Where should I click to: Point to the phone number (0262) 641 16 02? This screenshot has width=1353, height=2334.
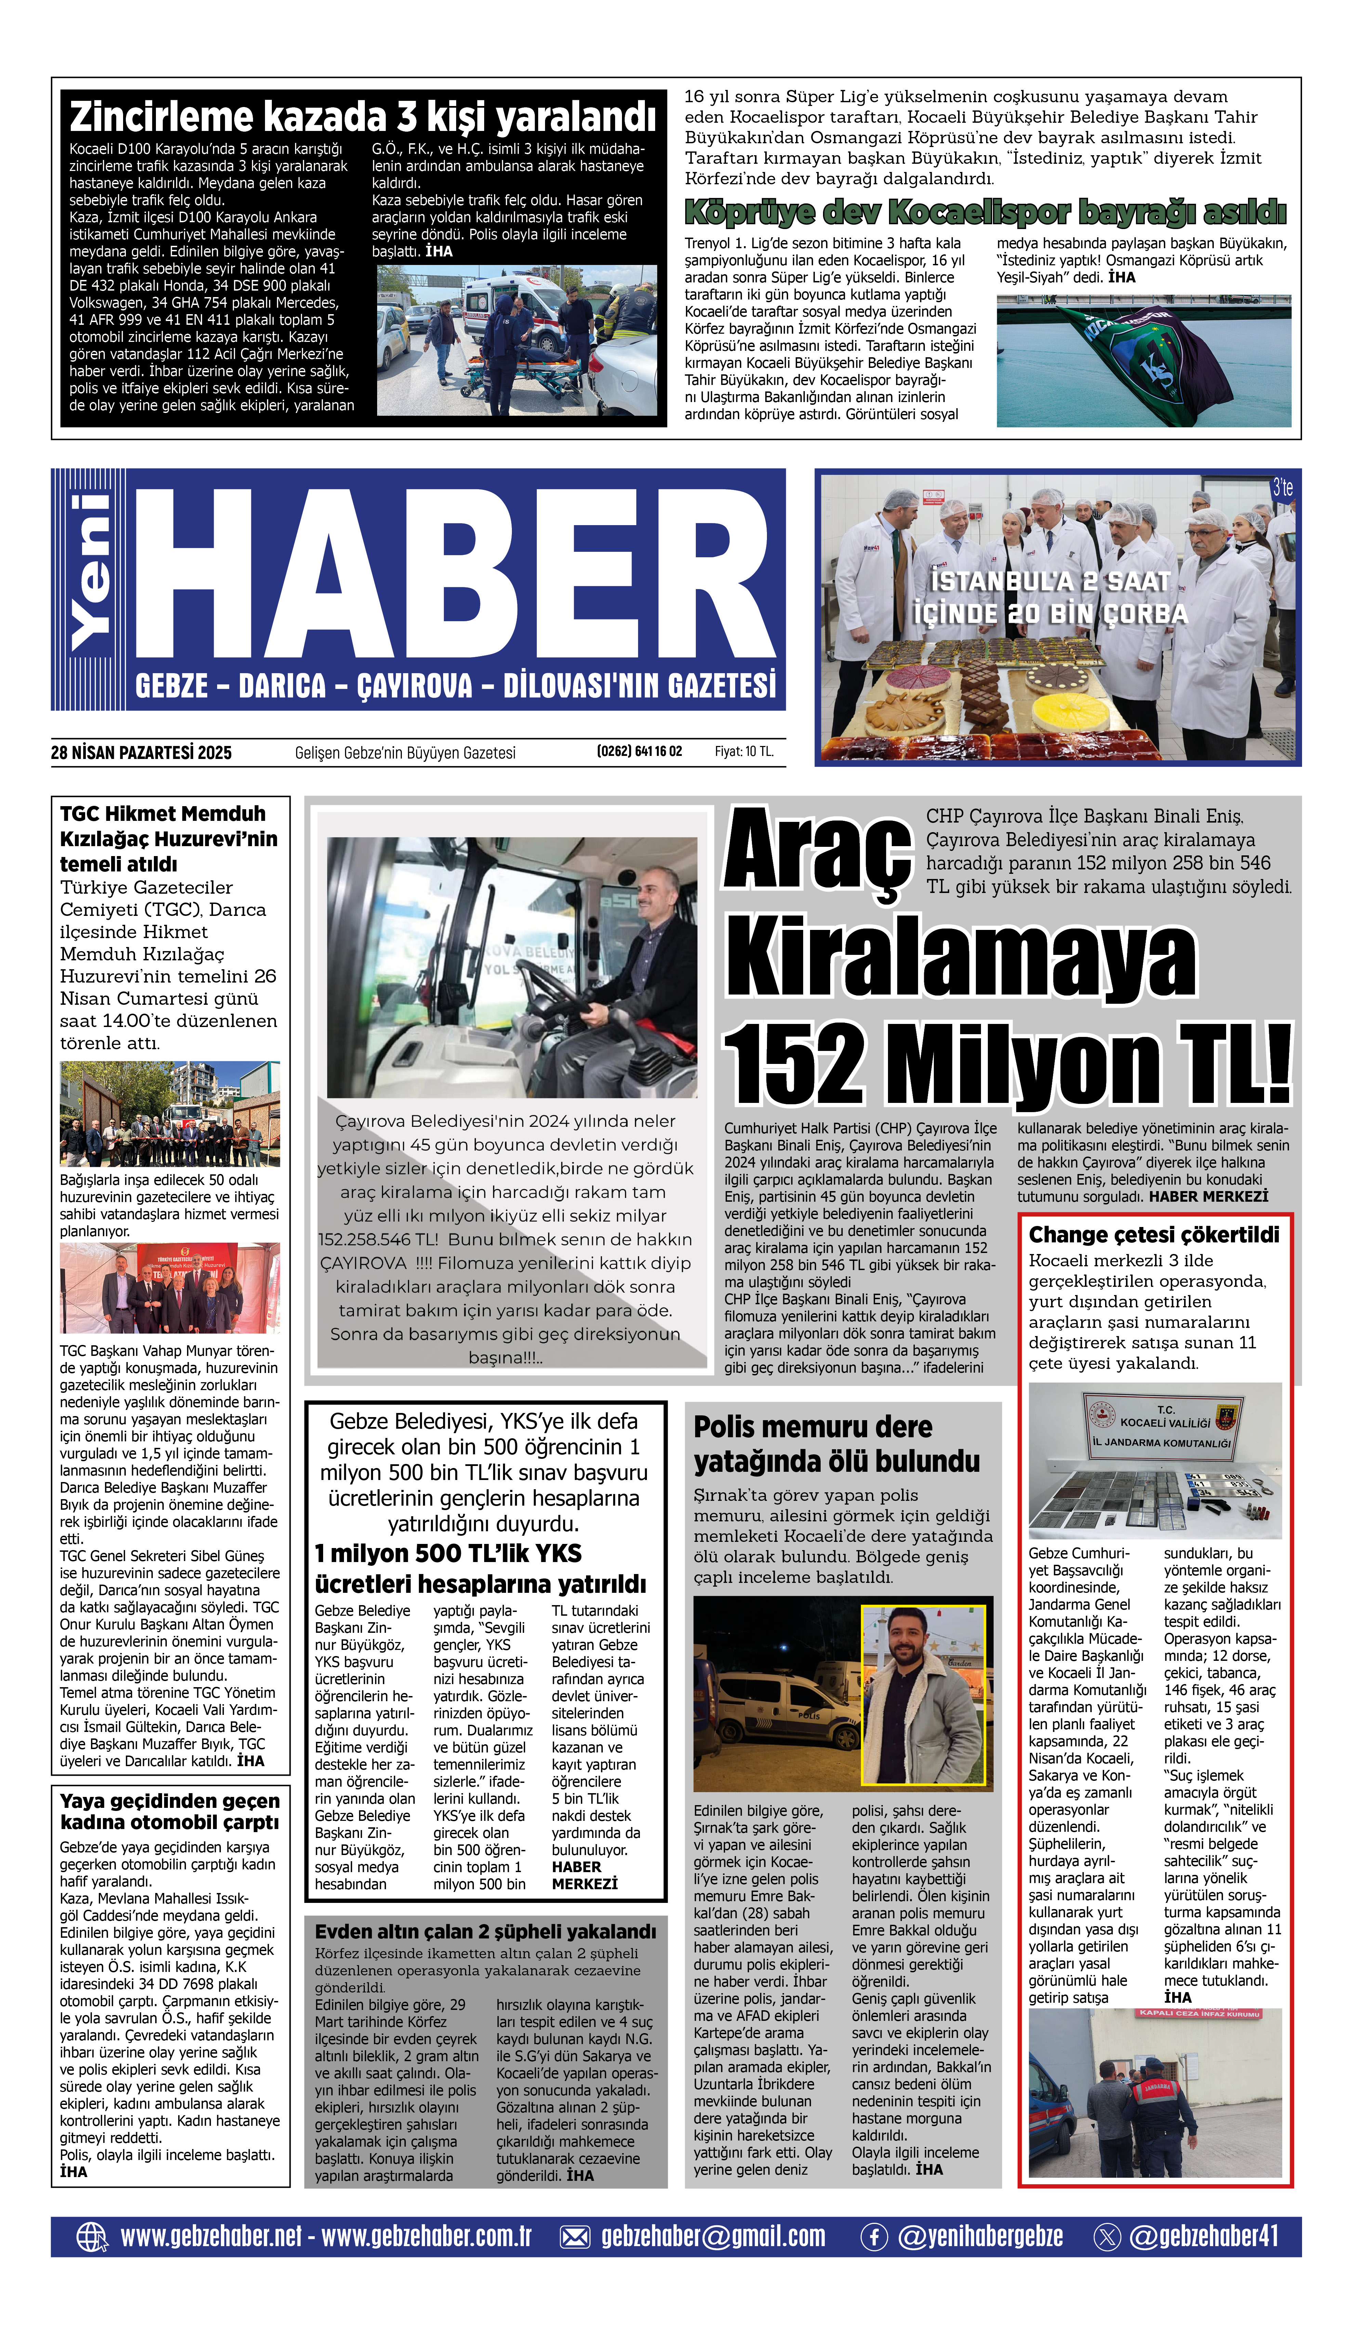click(x=639, y=751)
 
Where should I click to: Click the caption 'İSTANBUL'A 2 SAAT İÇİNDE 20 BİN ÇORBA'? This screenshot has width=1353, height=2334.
click(x=1050, y=597)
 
